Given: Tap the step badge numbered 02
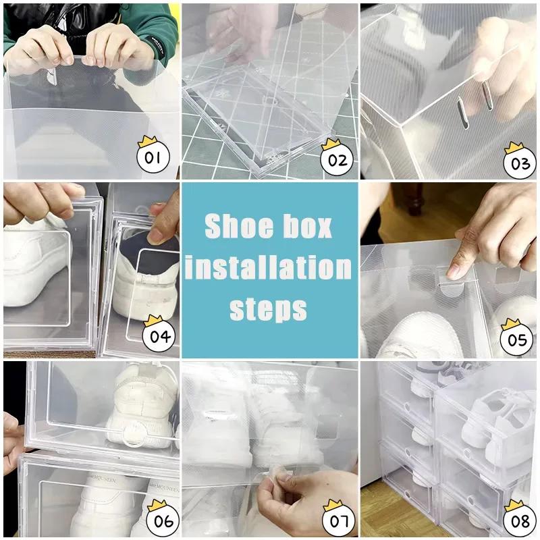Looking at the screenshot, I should [336, 159].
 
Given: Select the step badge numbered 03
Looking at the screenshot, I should [516, 163].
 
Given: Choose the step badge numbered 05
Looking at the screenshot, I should [516, 339].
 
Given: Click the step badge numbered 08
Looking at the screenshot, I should [516, 520].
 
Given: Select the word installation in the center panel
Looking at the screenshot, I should [269, 269].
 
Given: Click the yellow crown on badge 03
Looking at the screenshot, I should [514, 146].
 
